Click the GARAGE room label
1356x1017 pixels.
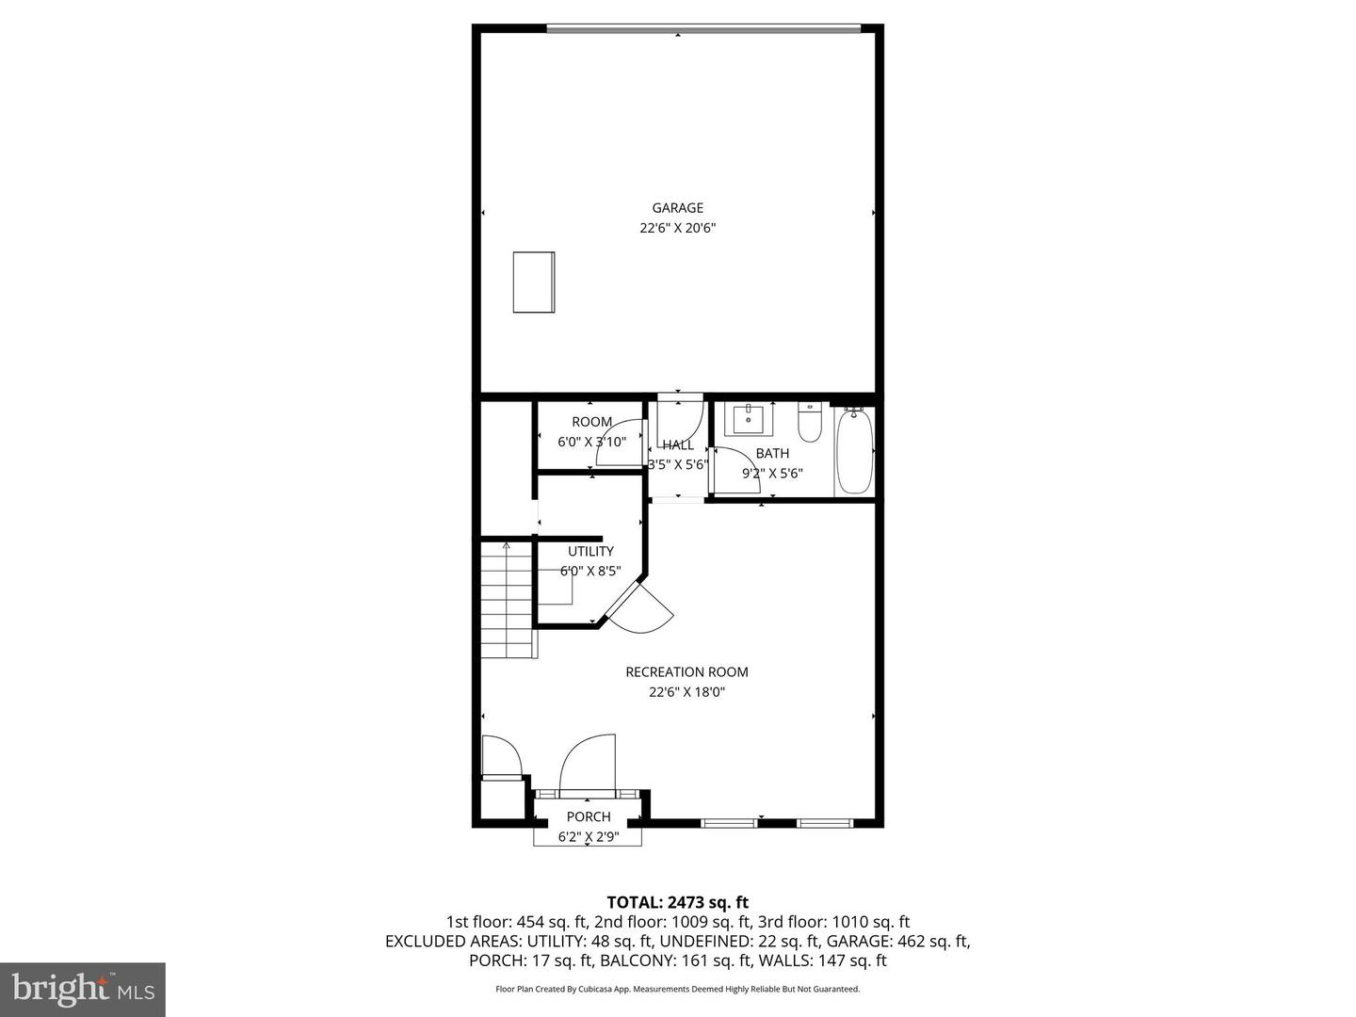[x=678, y=208]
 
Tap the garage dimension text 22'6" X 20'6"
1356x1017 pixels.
[x=678, y=228]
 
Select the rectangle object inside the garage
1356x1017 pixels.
[x=534, y=282]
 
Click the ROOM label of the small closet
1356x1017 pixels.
[x=591, y=422]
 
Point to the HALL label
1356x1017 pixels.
[x=678, y=445]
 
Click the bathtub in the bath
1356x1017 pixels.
[x=855, y=451]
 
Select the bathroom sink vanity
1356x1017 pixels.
[x=749, y=419]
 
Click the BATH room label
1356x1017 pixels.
[x=772, y=454]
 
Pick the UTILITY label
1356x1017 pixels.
[x=590, y=551]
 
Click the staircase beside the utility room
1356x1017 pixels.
[x=508, y=603]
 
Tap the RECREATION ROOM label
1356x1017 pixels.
[x=686, y=672]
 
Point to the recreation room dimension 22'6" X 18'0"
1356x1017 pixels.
[x=686, y=692]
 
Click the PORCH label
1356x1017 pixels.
[x=589, y=816]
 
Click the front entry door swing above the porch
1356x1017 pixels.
[x=588, y=764]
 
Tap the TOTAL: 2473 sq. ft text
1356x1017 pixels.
[x=678, y=903]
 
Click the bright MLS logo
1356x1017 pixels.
[x=83, y=989]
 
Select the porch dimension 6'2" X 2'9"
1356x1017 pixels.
[x=589, y=836]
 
